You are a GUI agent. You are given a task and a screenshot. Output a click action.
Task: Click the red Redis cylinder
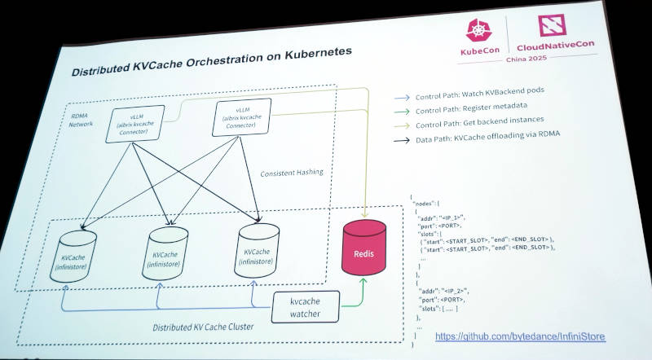click(363, 249)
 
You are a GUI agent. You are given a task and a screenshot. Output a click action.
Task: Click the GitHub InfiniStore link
click(519, 336)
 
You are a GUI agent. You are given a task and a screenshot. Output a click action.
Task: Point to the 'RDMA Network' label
click(81, 120)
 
